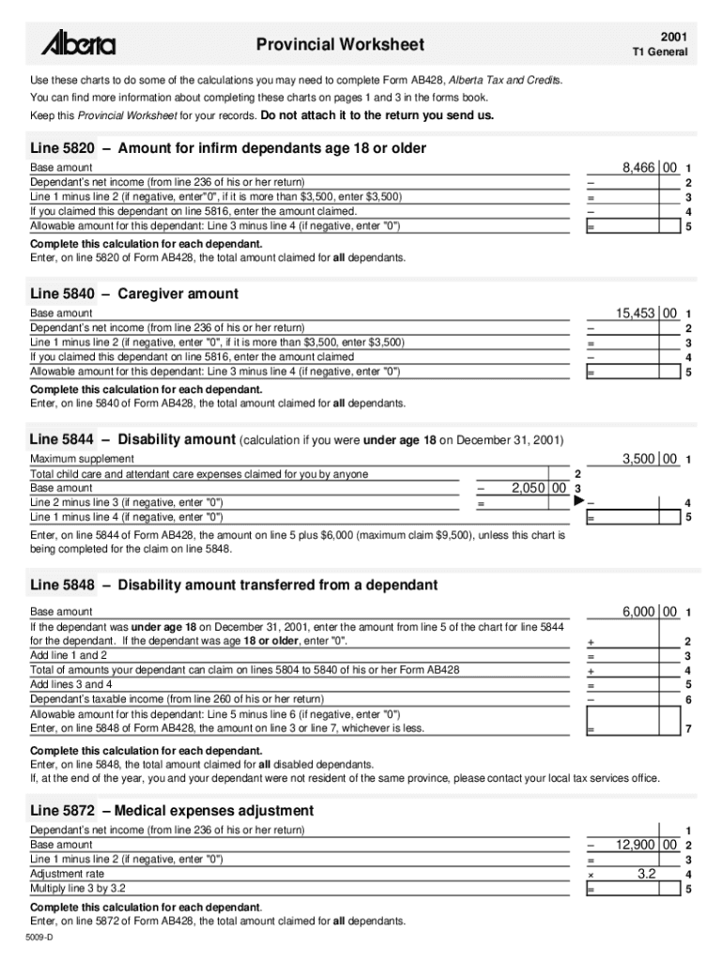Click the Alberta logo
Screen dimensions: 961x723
click(78, 44)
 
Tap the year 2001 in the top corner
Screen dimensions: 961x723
click(671, 34)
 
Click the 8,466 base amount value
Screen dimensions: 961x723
click(638, 166)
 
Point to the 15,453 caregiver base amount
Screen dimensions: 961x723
click(636, 313)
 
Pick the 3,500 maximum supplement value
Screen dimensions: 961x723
click(638, 459)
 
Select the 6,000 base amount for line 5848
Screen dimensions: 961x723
click(638, 611)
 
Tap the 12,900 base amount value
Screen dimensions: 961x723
click(636, 845)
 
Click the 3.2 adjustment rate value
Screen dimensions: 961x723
click(646, 874)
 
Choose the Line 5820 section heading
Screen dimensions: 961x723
click(228, 148)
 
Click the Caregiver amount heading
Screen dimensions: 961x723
click(178, 294)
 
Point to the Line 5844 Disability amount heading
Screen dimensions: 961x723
click(134, 439)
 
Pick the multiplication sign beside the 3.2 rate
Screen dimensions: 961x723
click(591, 875)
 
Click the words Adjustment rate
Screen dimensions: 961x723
click(67, 874)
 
